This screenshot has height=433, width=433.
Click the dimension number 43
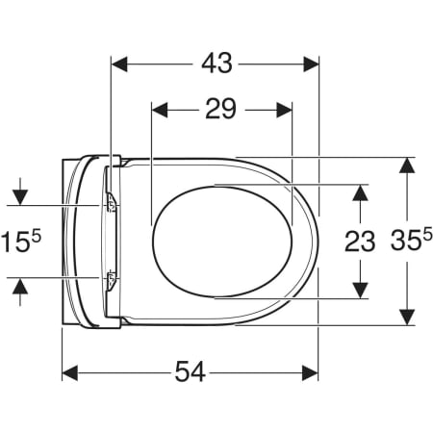pyautogui.click(x=216, y=63)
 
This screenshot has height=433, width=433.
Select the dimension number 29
pyautogui.click(x=220, y=109)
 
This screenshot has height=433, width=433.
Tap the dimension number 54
pyautogui.click(x=190, y=371)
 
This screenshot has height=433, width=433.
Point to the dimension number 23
pyautogui.click(x=360, y=242)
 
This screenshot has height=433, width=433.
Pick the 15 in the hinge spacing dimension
pyautogui.click(x=15, y=242)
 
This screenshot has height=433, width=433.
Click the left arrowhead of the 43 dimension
pyautogui.click(x=119, y=64)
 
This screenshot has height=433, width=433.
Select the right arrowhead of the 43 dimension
pyautogui.click(x=311, y=64)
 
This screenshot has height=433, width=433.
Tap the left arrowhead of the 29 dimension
pyautogui.click(x=160, y=110)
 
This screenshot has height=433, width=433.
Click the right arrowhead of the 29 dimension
pyautogui.click(x=284, y=110)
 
